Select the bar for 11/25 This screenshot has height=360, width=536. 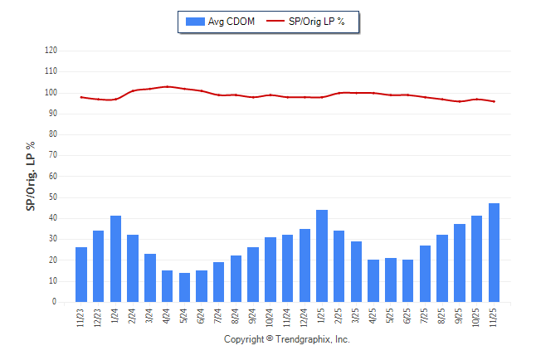tap(495, 253)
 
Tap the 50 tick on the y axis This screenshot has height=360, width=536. tap(52, 197)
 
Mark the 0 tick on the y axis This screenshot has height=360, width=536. tap(55, 302)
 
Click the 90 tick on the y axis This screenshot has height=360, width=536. tap(52, 114)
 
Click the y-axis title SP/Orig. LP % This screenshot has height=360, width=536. tap(31, 176)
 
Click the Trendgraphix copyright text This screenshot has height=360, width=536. tap(287, 339)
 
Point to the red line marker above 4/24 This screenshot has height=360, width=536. tap(168, 86)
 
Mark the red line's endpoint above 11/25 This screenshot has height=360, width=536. tap(495, 101)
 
